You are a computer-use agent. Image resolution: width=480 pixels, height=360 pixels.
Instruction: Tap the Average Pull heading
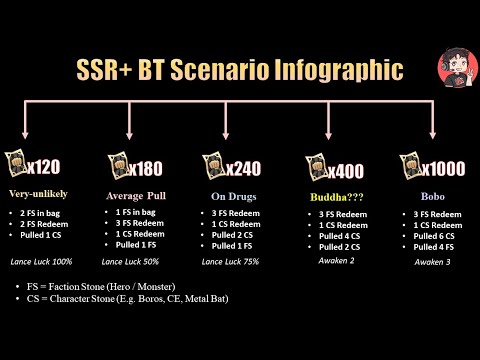[x=132, y=194]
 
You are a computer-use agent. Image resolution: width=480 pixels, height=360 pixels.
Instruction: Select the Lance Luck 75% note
[x=229, y=262]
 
